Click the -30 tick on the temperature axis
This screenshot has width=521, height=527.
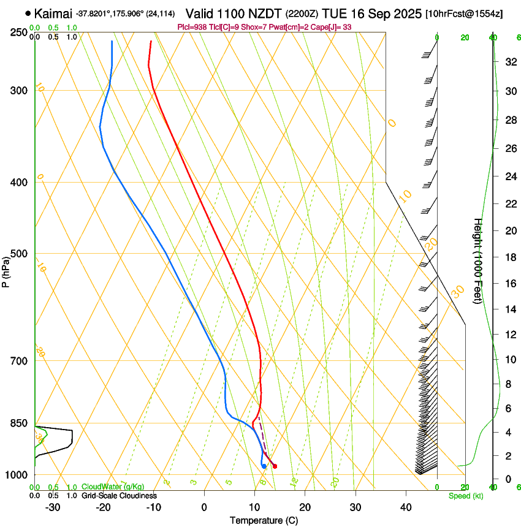pyautogui.click(x=53, y=507)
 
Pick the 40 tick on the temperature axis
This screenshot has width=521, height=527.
pyautogui.click(x=406, y=507)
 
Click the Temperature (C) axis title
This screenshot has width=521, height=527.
pyautogui.click(x=264, y=520)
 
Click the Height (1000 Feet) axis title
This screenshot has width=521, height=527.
pyautogui.click(x=478, y=260)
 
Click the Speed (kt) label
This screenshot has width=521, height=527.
pyautogui.click(x=465, y=496)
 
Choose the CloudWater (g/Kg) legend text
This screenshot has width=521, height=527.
pyautogui.click(x=113, y=487)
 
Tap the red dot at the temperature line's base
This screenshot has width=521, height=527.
pyautogui.click(x=275, y=466)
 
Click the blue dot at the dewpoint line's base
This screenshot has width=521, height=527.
pyautogui.click(x=264, y=466)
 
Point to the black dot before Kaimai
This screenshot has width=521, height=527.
pyautogui.click(x=28, y=13)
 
